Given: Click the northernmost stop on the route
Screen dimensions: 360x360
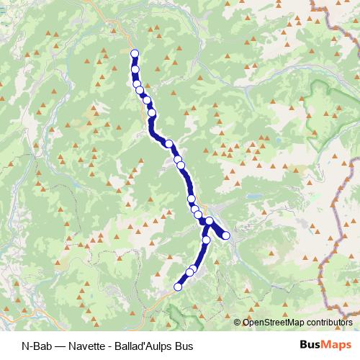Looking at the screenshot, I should (134, 53).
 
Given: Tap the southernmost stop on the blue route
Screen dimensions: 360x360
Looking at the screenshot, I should (178, 287).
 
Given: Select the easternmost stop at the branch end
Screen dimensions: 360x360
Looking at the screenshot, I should (226, 235).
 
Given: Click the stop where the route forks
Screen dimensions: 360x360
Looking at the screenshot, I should (209, 221).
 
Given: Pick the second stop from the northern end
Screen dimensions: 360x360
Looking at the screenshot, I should (135, 69).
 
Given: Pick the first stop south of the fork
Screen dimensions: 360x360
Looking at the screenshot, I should (207, 239).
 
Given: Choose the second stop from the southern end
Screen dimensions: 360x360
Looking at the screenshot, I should (189, 272).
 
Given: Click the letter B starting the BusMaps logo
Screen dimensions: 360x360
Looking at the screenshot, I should (302, 345).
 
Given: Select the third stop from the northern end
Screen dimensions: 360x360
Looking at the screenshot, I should (137, 84).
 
